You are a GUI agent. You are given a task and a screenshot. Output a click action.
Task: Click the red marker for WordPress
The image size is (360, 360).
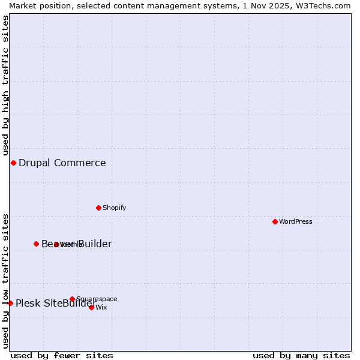coord(275,221)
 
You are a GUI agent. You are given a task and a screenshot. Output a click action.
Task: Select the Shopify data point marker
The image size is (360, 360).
coord(99,208)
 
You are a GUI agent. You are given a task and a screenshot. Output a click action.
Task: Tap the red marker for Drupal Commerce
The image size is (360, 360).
coord(13,163)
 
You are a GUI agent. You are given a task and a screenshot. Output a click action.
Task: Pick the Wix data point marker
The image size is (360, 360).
coord(92,307)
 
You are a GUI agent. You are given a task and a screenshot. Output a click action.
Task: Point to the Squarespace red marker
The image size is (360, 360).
coord(72,299)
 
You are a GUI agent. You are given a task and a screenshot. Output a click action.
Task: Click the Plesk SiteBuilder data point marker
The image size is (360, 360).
coord(10,303)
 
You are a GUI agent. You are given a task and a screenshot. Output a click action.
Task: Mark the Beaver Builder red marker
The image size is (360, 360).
coord(36,244)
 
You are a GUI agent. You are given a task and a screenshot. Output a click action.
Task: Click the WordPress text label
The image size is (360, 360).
coord(296,221)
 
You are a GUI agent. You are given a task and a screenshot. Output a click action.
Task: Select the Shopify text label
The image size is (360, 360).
coord(114,208)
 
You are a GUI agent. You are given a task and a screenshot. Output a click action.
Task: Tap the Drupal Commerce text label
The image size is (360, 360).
coord(62,163)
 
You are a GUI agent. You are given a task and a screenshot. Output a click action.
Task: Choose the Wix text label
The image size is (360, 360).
coord(101,307)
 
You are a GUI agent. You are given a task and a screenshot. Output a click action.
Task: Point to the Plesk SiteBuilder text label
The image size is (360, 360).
coord(56,303)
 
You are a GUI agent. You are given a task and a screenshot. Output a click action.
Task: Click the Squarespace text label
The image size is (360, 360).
coord(97,299)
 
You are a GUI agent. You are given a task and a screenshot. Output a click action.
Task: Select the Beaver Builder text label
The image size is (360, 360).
coord(77,244)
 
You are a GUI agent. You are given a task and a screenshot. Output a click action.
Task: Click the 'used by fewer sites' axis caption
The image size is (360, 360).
coord(62,355)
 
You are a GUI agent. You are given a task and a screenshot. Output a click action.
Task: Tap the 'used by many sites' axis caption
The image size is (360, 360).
coord(301,355)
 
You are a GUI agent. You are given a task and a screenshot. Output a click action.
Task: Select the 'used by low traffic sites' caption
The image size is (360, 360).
coord(6,280)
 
